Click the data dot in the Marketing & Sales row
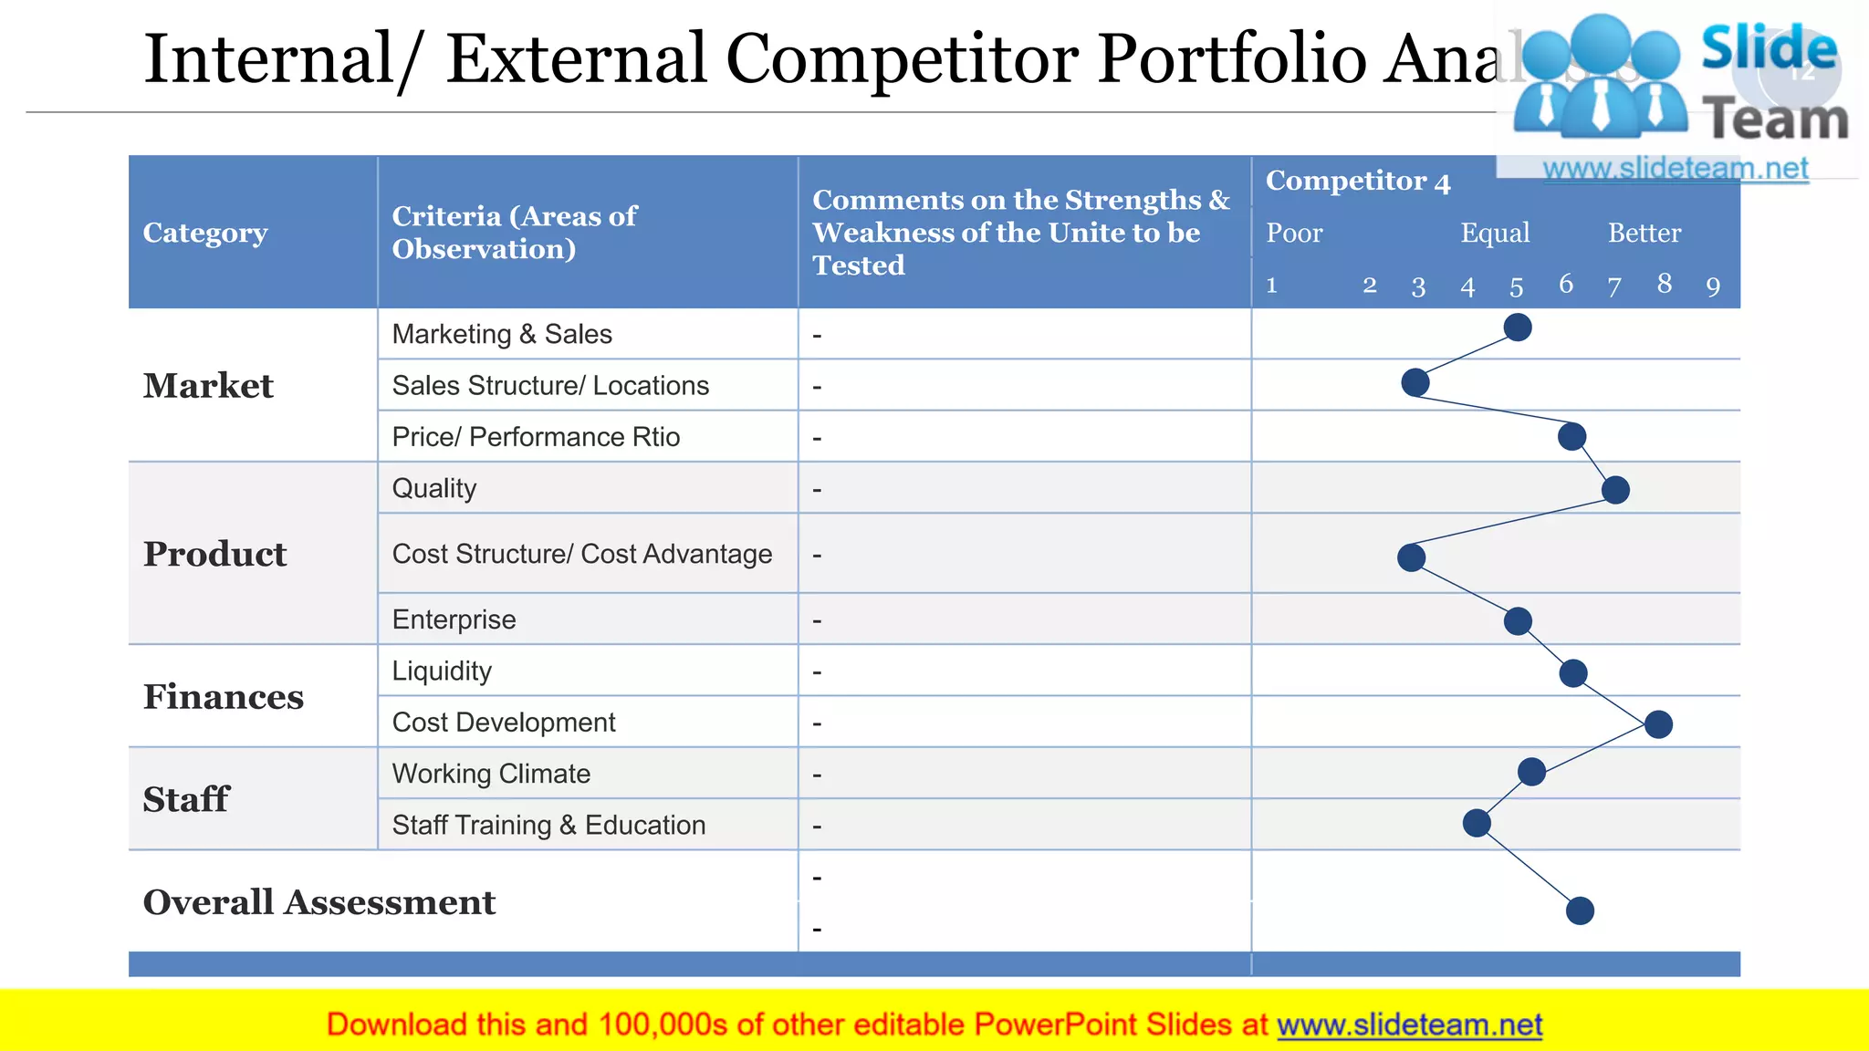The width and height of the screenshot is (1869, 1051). [1517, 328]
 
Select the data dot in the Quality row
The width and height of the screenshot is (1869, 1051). [1615, 490]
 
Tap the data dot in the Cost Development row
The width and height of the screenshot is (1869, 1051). [1658, 724]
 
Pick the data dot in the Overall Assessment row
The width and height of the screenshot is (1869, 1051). [1580, 911]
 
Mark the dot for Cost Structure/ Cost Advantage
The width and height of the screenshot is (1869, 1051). [1412, 557]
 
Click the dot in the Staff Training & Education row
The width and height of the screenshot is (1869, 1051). [1477, 823]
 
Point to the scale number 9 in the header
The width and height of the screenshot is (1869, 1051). [1713, 287]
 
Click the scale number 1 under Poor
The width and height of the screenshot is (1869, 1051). [1271, 286]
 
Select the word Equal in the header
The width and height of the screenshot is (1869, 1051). [1495, 234]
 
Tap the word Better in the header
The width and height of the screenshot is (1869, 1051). [1644, 234]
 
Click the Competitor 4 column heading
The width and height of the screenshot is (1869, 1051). [1358, 182]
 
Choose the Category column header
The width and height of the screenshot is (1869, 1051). [205, 233]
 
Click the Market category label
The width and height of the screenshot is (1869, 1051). [208, 386]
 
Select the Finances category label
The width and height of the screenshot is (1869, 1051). [224, 697]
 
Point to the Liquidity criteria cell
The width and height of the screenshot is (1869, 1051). [442, 671]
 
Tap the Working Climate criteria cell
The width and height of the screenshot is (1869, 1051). [491, 774]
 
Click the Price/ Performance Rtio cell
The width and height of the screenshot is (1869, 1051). [536, 437]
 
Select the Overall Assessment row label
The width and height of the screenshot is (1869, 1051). [319, 902]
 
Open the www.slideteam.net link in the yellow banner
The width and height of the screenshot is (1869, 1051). [1409, 1025]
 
